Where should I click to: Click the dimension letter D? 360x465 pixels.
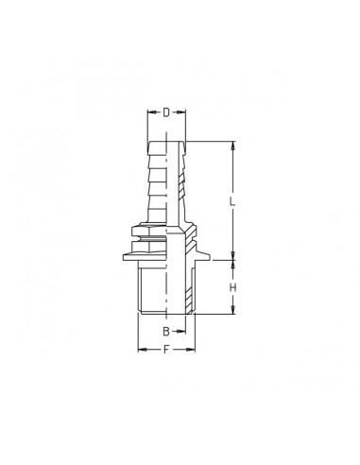[166, 112]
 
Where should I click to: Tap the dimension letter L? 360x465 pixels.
[231, 201]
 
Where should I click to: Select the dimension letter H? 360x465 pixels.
[231, 287]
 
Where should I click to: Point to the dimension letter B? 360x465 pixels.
[165, 332]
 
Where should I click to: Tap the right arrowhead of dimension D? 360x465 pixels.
[182, 112]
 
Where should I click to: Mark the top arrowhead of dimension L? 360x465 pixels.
[231, 145]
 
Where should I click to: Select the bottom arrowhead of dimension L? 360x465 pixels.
[231, 256]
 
